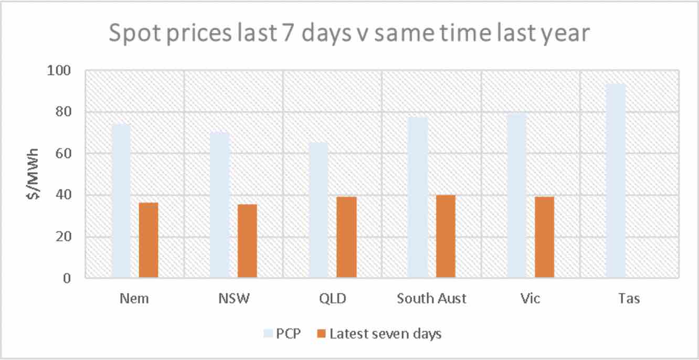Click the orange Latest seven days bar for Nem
[x=149, y=240]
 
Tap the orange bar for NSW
[x=247, y=241]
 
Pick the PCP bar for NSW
[x=219, y=205]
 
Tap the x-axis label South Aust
[x=431, y=299]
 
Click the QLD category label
[x=332, y=299]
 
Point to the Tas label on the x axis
[x=629, y=299]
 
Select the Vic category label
[x=531, y=299]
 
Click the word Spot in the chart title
[x=133, y=35]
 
